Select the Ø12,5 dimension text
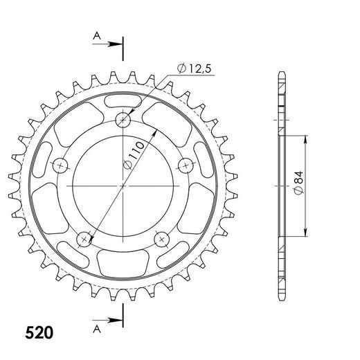pyautogui.click(x=193, y=68)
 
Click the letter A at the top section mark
pyautogui.click(x=98, y=36)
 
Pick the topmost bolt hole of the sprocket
pyautogui.click(x=124, y=120)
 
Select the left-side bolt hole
pyautogui.click(x=62, y=165)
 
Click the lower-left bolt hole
pyautogui.click(x=85, y=238)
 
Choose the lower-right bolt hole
pyautogui.click(x=162, y=238)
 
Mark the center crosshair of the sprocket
pyautogui.click(x=124, y=186)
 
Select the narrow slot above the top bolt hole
pyautogui.click(x=123, y=102)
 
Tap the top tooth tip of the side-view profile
pyautogui.click(x=281, y=73)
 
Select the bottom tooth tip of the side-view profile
pyautogui.click(x=281, y=299)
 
